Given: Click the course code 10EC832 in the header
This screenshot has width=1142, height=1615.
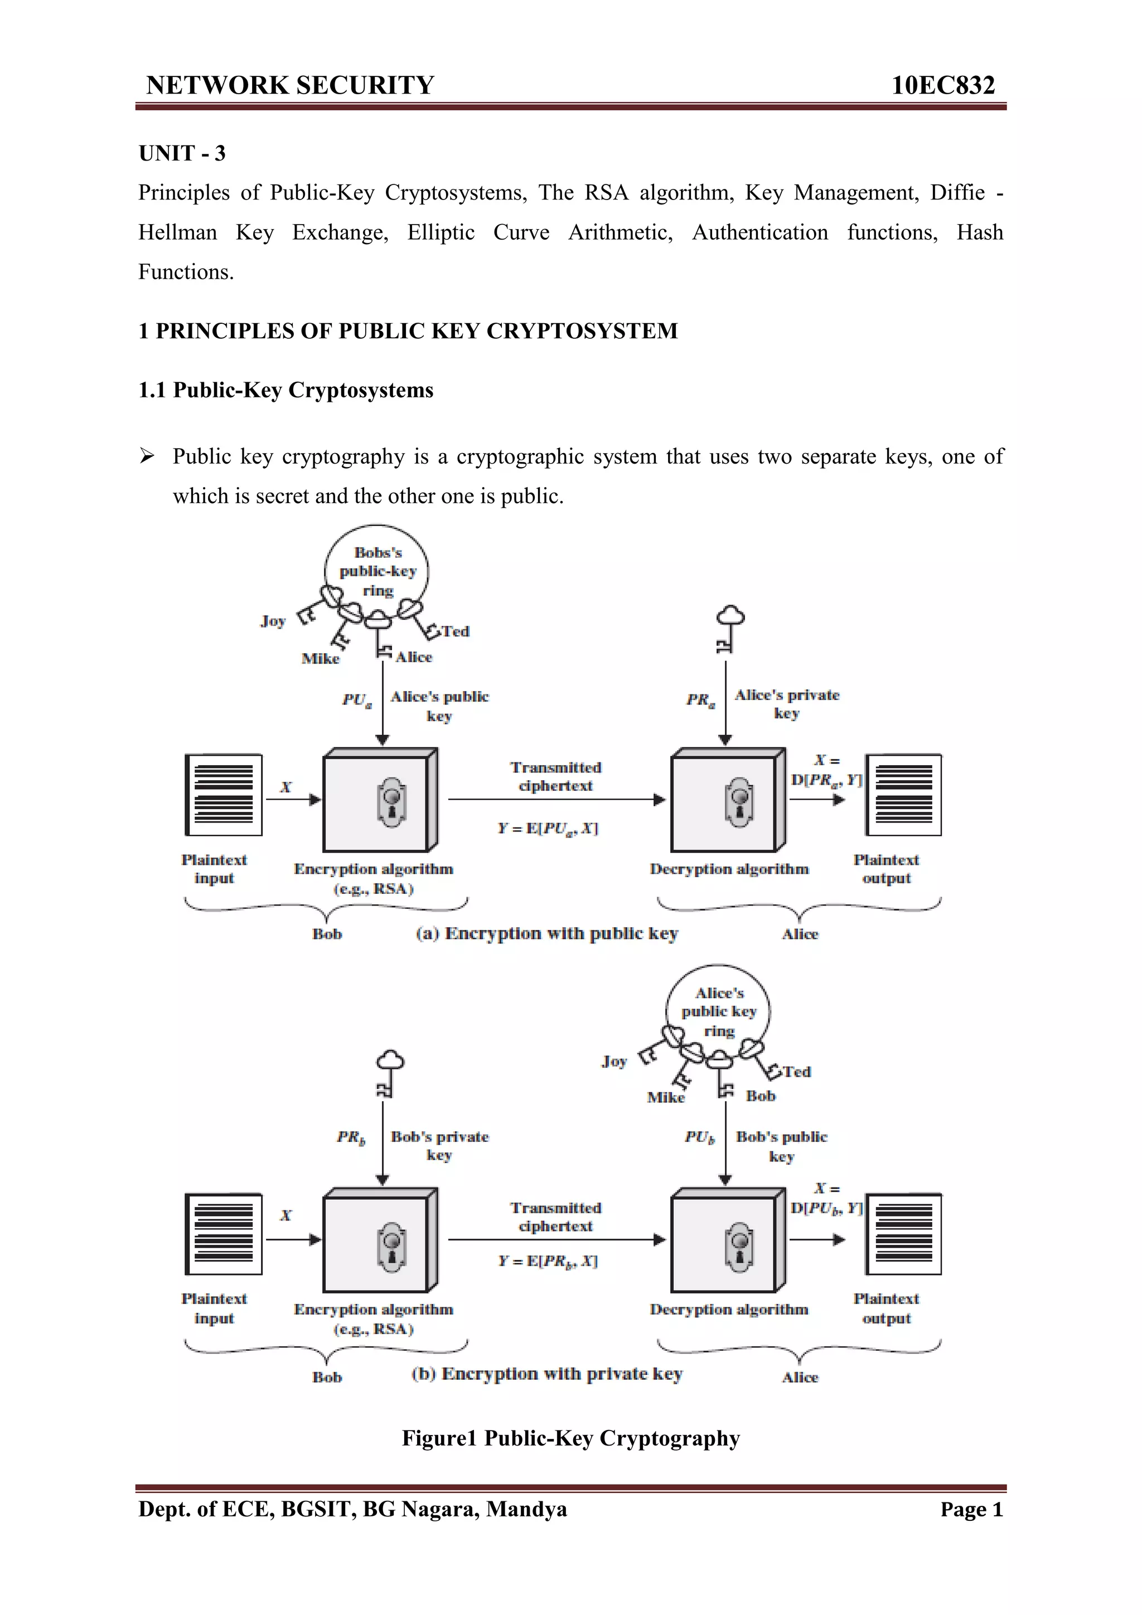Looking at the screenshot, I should [942, 85].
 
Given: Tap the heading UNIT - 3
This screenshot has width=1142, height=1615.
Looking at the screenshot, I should [182, 153].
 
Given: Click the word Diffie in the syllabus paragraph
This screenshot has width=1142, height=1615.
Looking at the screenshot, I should [957, 192].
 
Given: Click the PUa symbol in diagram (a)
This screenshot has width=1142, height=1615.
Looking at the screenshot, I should [357, 699].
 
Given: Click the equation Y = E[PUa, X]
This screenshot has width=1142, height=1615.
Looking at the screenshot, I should [548, 828].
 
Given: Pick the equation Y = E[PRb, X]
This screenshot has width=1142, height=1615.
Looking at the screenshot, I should [548, 1261].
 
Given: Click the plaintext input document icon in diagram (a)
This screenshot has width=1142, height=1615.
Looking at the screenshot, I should [224, 795].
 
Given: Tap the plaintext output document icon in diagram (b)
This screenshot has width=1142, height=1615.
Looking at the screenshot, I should [903, 1234].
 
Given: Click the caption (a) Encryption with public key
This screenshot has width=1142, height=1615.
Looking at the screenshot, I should [546, 933].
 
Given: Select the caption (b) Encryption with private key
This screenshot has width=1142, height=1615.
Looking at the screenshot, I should [546, 1374].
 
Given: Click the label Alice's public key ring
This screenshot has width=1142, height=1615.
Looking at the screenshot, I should [718, 1011].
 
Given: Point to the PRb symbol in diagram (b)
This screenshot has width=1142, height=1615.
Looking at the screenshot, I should [350, 1137].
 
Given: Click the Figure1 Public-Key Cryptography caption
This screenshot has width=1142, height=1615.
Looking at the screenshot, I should [570, 1438].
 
